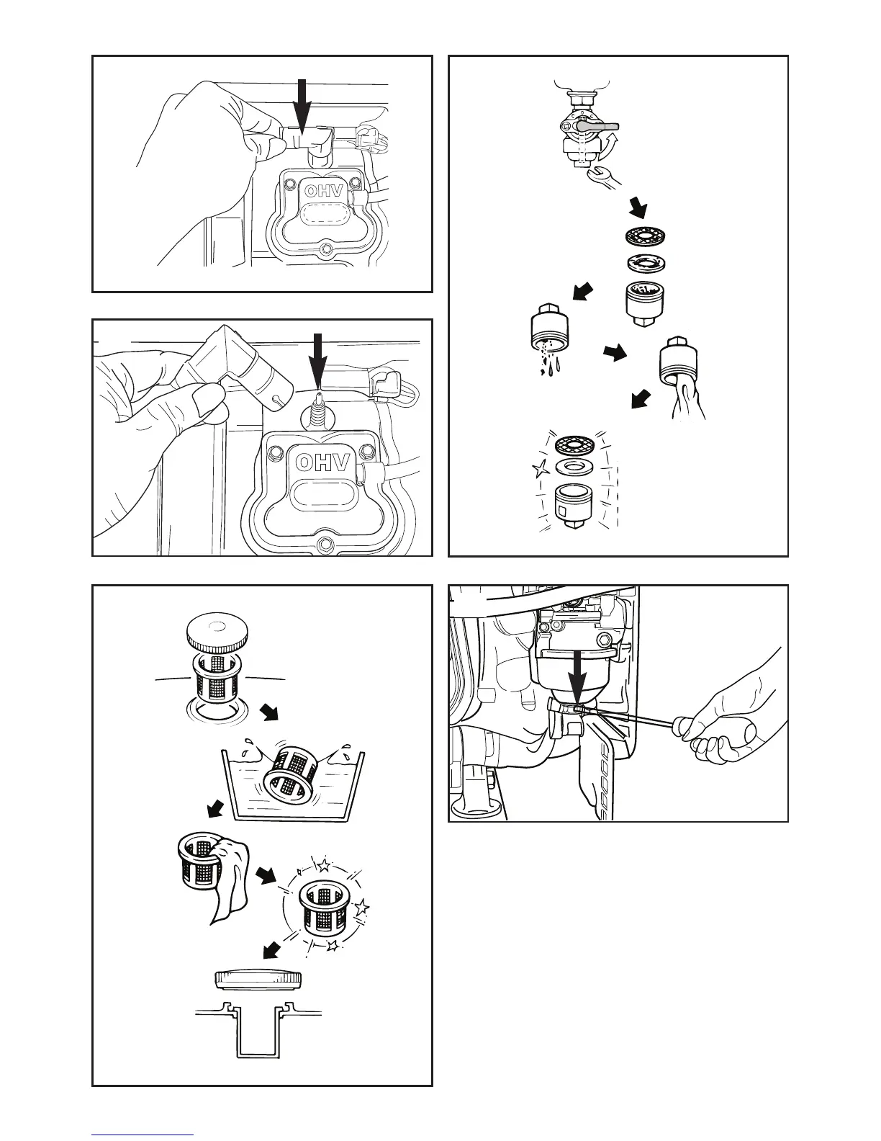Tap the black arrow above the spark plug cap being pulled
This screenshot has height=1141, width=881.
(x=302, y=104)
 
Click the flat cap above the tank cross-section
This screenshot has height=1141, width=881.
(x=258, y=980)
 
